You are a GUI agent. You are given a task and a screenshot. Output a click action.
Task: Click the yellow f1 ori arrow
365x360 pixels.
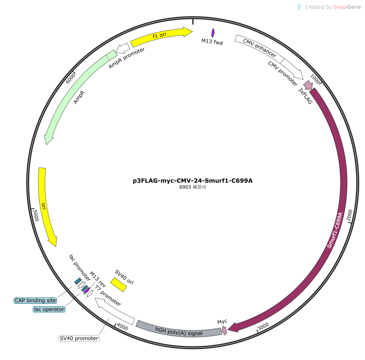[161, 36]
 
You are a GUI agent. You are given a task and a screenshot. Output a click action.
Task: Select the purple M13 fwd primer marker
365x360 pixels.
[213, 33]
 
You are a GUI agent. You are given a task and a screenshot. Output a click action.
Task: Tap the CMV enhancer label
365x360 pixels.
[260, 48]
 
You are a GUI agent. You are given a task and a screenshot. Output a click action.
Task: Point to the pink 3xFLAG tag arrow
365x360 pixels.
[308, 85]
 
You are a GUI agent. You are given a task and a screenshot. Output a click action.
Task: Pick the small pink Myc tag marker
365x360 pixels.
[224, 330]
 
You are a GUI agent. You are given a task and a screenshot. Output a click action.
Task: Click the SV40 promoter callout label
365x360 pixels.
[79, 339]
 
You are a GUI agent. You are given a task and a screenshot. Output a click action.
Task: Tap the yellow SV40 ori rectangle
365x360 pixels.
[119, 285]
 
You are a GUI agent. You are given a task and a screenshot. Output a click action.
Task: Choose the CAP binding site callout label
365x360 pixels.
[36, 300]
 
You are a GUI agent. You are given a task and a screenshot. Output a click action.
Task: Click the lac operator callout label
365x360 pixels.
[49, 309]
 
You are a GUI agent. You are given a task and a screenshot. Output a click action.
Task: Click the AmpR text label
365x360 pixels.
[79, 97]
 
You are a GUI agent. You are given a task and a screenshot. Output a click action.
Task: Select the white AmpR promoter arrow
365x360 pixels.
[123, 48]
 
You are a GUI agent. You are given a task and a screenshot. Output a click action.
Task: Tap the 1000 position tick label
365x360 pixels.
[315, 78]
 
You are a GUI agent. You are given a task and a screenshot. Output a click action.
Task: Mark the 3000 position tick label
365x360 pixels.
[263, 326]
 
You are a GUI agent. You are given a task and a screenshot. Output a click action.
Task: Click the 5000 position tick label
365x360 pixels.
[36, 215]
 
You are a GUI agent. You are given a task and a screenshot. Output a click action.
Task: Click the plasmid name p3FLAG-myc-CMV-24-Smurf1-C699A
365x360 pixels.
[193, 181]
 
